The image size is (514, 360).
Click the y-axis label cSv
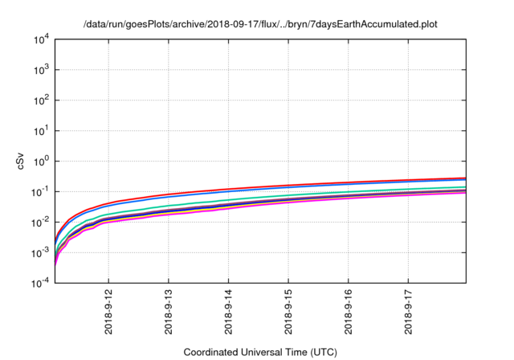point(22,161)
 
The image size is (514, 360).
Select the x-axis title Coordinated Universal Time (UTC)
point(260,352)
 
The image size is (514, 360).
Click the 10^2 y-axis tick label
point(41,100)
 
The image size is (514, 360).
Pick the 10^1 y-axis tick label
point(41,130)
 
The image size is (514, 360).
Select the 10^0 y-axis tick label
point(41,161)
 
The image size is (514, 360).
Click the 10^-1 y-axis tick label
point(39,191)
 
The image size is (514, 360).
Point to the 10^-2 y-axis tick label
point(39,222)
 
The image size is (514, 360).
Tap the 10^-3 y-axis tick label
point(39,252)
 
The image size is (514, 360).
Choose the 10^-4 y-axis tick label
point(39,282)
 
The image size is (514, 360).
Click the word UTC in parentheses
point(321,352)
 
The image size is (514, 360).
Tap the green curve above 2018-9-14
point(228,199)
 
